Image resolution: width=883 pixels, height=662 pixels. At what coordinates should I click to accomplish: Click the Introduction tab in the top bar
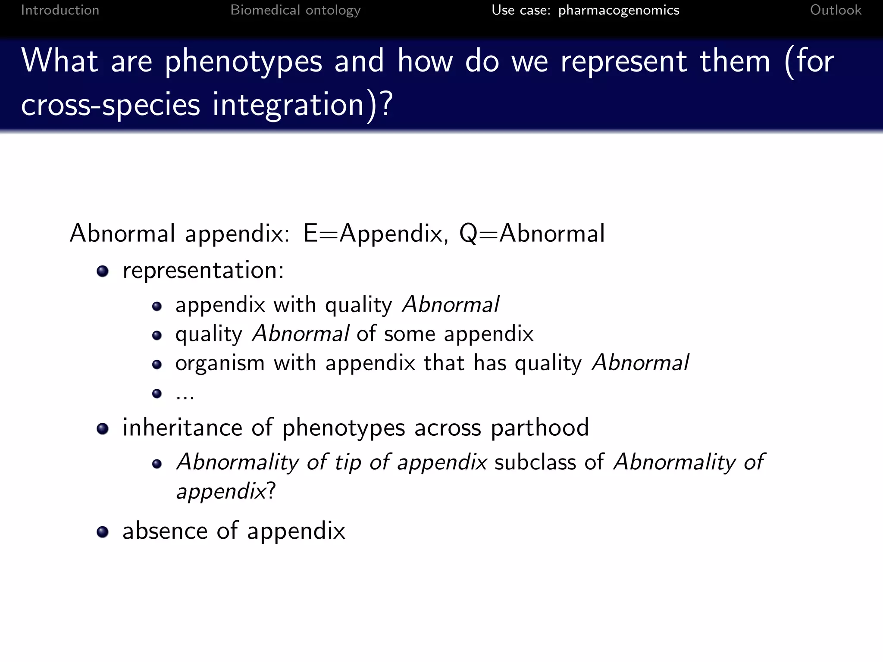tap(60, 10)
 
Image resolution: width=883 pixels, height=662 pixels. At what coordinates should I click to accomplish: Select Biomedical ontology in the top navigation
tap(295, 10)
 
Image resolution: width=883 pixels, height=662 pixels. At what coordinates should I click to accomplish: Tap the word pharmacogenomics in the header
tap(619, 10)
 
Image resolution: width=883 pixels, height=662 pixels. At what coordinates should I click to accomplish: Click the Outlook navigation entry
tap(835, 10)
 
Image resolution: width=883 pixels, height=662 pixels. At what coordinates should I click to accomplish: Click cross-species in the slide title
tap(110, 105)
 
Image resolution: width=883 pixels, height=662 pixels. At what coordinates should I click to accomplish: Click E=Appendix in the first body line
tap(373, 234)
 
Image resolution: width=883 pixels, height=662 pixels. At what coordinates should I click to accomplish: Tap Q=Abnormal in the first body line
tap(532, 234)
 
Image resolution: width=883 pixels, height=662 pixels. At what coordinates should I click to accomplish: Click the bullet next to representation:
tap(103, 271)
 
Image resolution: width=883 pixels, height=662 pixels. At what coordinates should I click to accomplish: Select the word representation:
tap(203, 271)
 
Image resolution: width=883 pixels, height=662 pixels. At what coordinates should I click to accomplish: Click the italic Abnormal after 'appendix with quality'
tap(451, 305)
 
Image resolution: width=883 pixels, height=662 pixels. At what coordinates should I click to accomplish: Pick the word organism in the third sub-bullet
tap(220, 363)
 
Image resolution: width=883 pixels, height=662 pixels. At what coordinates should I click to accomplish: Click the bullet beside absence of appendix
tap(103, 532)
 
